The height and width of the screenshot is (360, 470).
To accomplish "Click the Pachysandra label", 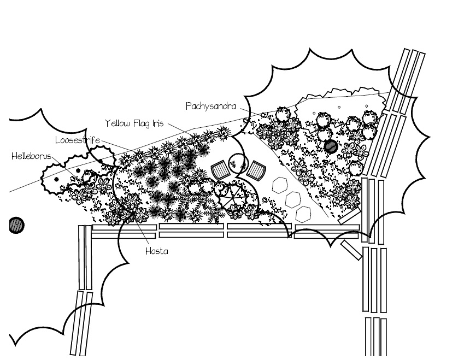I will point(210,105).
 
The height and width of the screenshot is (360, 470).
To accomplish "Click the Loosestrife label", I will point(77,140).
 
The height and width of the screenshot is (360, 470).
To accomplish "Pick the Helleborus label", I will point(31,156).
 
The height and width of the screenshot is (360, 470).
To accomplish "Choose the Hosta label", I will point(156,251).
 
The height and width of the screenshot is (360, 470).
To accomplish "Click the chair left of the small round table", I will point(220,170).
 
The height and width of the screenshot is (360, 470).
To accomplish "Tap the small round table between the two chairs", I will point(238,162).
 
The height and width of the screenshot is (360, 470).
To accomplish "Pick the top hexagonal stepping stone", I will point(281,185).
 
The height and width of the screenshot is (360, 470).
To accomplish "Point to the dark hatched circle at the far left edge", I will point(17,225).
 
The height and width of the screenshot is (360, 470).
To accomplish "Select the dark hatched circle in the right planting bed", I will point(331,146).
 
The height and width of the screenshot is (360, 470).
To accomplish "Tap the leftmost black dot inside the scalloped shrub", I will point(56,179).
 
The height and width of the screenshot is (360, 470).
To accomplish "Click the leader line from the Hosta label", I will point(143,235).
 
